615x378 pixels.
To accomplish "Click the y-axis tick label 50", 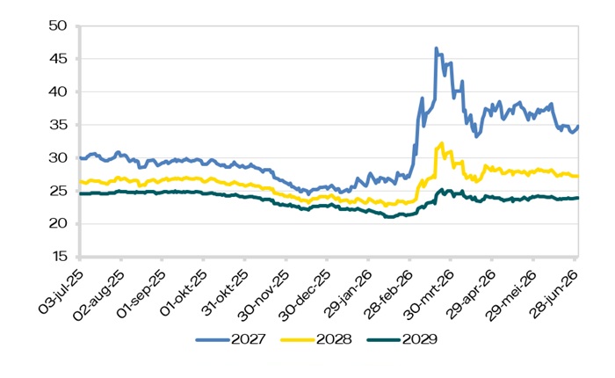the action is point(58,25).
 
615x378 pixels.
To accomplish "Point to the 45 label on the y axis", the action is point(58,59).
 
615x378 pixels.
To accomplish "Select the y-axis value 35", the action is point(58,125).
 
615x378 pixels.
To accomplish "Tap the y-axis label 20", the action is point(58,224).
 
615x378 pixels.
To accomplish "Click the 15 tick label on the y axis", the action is point(59,257).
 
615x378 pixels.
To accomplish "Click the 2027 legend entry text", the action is point(249,339).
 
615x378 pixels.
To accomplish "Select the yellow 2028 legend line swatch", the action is point(298,339).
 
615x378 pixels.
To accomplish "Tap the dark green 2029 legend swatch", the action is point(384,339).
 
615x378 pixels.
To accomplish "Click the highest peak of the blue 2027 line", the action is point(436,47).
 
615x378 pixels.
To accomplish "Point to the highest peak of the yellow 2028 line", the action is point(442,143).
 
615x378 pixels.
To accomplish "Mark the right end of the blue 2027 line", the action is point(578,127).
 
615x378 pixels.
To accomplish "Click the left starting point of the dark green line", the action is point(81,193).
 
